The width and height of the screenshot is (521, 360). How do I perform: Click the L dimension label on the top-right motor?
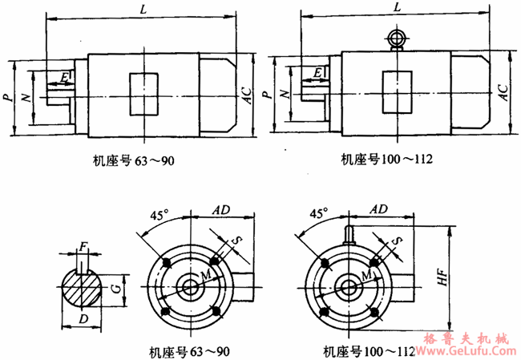[397, 8]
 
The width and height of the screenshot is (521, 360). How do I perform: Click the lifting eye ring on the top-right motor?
[396, 38]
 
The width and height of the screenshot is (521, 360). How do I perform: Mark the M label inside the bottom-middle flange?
[206, 274]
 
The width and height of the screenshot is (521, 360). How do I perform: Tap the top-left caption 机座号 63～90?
[134, 159]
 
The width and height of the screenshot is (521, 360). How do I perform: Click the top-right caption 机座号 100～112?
[386, 159]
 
